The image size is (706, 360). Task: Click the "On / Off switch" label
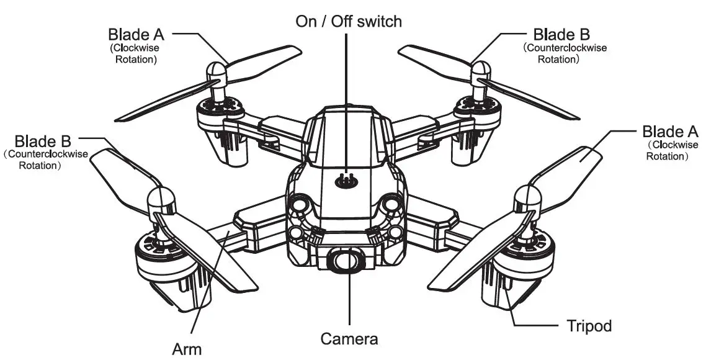click(x=348, y=21)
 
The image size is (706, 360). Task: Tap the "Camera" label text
click(x=349, y=339)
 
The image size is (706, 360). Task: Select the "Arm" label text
click(x=186, y=349)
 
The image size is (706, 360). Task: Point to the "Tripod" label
click(x=589, y=325)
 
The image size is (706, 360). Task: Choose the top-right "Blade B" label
click(x=561, y=34)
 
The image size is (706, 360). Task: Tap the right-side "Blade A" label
click(x=670, y=131)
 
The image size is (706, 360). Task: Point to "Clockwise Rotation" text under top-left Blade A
click(x=133, y=54)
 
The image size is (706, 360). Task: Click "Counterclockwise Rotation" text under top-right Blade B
click(x=564, y=54)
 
